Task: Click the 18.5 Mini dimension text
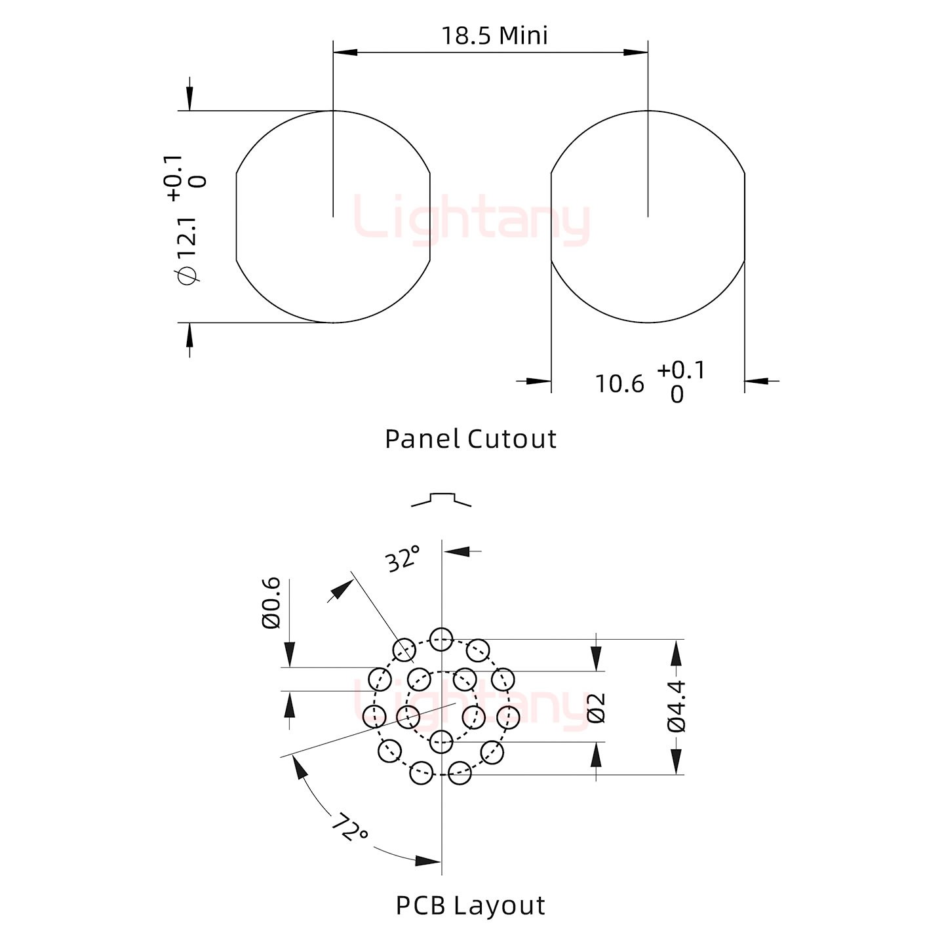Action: [x=494, y=36]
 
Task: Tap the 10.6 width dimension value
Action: [x=619, y=384]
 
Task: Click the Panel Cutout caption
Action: [x=470, y=439]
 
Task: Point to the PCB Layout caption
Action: [x=470, y=905]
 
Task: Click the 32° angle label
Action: [x=403, y=558]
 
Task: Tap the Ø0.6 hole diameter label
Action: [x=271, y=603]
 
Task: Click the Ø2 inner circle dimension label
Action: [x=597, y=709]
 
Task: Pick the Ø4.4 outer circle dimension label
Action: [x=677, y=707]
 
